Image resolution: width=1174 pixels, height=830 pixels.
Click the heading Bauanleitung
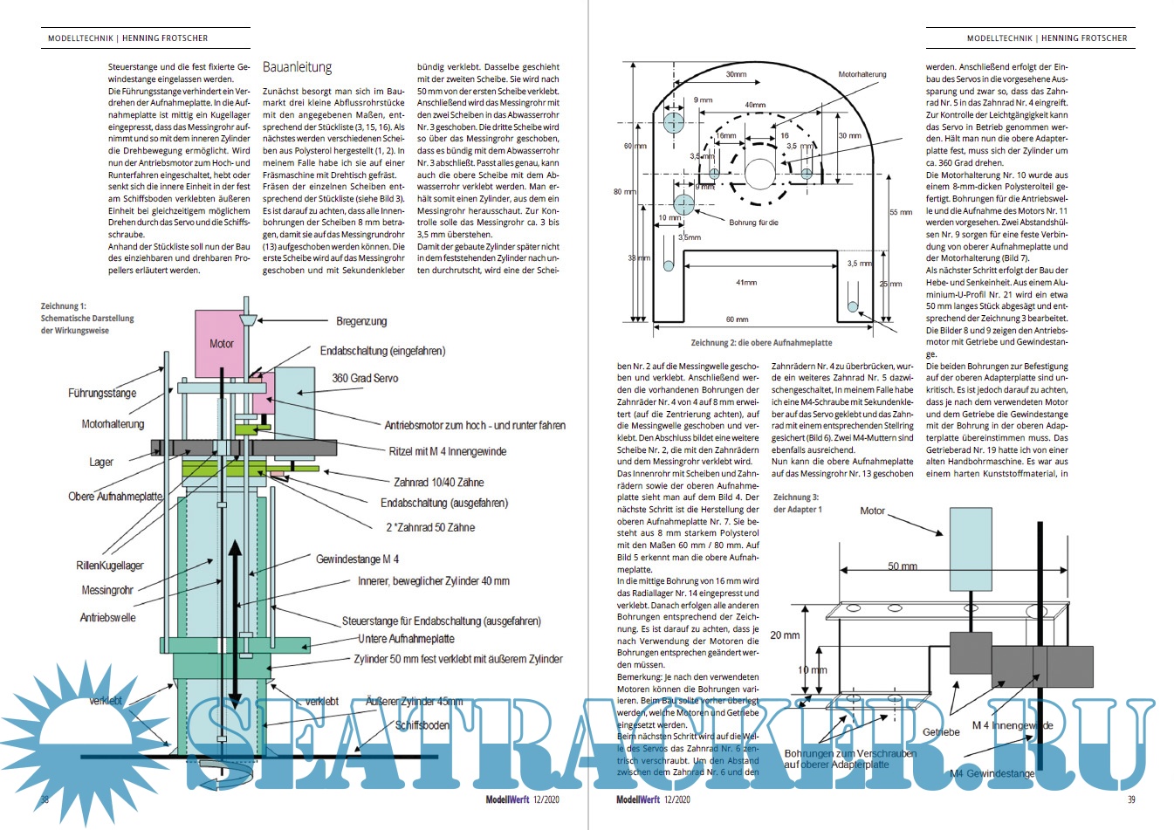[x=297, y=67]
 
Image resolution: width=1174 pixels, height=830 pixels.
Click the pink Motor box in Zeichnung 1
[x=221, y=343]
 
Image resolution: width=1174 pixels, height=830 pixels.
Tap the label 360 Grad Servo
[x=365, y=378]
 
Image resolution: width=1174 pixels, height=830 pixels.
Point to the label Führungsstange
[x=102, y=393]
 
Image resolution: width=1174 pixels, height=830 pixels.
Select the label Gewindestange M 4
[x=357, y=559]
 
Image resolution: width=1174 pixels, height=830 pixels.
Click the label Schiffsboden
[x=422, y=725]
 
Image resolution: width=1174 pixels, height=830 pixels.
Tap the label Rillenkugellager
[x=110, y=566]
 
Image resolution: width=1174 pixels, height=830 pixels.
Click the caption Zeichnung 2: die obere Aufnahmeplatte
[x=761, y=343]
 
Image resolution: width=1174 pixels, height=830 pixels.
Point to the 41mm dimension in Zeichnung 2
[x=746, y=283]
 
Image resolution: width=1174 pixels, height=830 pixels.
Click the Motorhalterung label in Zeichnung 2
[x=862, y=75]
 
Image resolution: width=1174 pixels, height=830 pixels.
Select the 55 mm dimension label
[x=900, y=212]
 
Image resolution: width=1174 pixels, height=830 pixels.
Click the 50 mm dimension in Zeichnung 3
[x=903, y=566]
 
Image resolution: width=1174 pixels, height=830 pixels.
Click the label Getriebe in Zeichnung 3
[x=941, y=732]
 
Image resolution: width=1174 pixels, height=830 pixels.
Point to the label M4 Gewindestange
[x=992, y=773]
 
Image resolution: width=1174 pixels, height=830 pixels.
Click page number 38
[x=45, y=799]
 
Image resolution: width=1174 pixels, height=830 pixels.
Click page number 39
[x=1131, y=799]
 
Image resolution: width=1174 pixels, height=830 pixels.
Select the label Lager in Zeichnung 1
[x=101, y=462]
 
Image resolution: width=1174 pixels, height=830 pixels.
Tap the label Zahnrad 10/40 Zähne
[x=438, y=482]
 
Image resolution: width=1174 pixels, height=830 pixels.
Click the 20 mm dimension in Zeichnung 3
[x=785, y=635]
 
